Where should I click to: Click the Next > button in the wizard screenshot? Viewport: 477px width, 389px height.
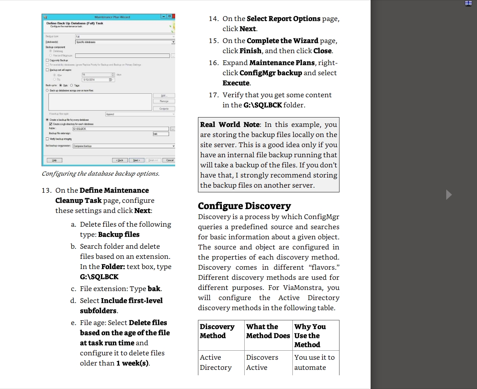(x=136, y=160)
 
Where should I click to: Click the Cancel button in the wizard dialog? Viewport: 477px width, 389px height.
(x=169, y=160)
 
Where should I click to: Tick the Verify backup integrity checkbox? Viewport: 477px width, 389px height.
(x=47, y=139)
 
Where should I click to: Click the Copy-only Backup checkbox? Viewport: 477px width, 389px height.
(x=47, y=60)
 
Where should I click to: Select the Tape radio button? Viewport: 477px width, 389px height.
(x=72, y=85)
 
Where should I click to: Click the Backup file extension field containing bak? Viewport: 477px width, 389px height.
(x=161, y=134)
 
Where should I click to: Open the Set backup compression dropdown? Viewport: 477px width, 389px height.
(x=123, y=146)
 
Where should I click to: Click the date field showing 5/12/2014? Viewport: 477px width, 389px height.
(x=98, y=80)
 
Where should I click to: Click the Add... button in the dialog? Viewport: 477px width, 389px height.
(x=164, y=95)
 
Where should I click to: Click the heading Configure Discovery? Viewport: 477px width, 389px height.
(x=244, y=206)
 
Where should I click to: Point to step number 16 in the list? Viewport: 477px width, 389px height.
(x=214, y=63)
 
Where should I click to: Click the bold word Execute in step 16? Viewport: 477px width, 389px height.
(x=236, y=83)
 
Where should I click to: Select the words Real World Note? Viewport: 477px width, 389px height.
(x=230, y=125)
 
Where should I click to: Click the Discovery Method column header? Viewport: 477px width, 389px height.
(x=217, y=331)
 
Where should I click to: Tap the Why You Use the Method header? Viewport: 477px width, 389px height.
(x=310, y=335)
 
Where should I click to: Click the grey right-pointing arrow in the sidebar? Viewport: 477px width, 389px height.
(x=449, y=194)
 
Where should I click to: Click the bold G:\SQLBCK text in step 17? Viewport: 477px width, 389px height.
(x=262, y=105)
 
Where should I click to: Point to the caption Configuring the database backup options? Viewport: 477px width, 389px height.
(x=101, y=174)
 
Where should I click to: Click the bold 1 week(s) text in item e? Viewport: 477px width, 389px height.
(x=132, y=363)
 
